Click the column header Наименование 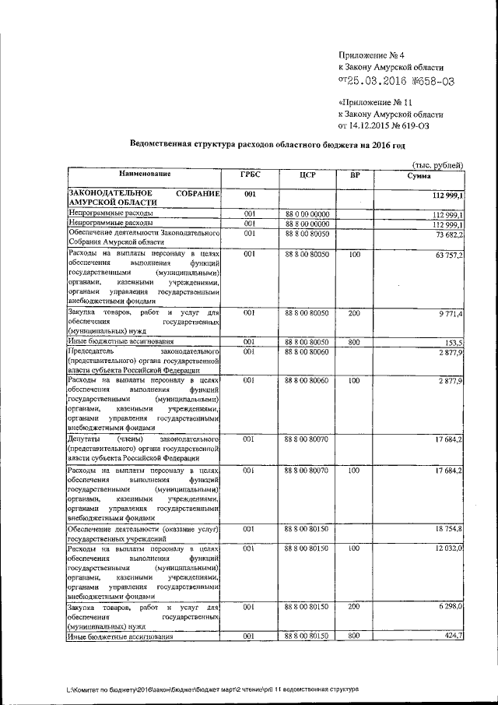(x=145, y=174)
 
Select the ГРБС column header (x=251, y=174)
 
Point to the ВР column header (x=355, y=174)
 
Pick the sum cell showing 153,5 (x=454, y=342)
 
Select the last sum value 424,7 (x=454, y=636)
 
